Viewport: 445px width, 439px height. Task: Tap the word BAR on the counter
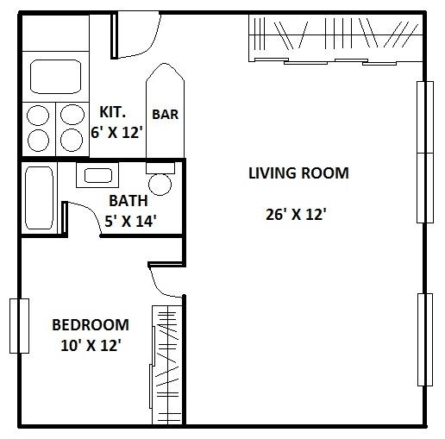pyautogui.click(x=165, y=114)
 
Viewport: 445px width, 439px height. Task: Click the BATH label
pyautogui.click(x=128, y=200)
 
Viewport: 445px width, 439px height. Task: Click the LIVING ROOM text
pyautogui.click(x=298, y=173)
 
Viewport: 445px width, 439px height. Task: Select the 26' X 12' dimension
pyautogui.click(x=295, y=214)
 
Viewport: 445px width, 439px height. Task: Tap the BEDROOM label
pyautogui.click(x=90, y=325)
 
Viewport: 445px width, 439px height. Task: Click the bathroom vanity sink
pyautogui.click(x=97, y=176)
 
